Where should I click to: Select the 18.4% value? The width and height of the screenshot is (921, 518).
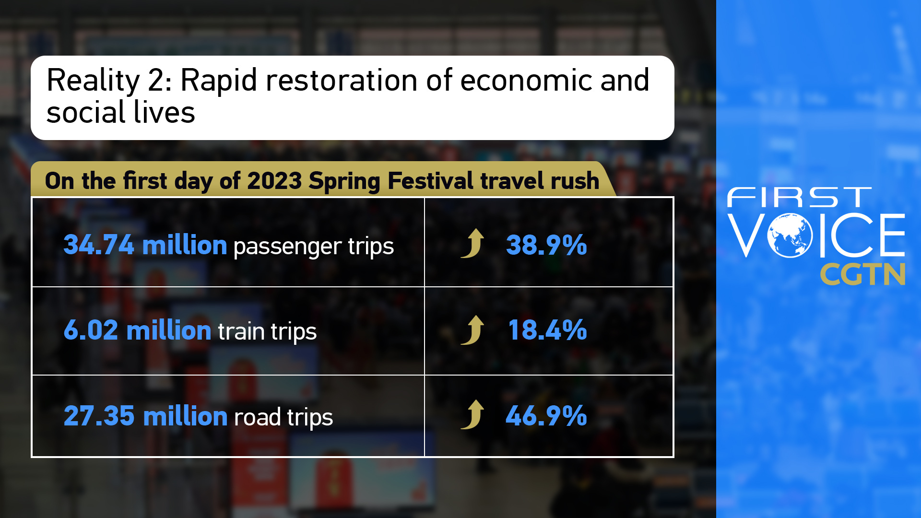pos(547,330)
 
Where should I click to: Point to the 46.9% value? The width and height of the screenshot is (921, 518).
pos(546,415)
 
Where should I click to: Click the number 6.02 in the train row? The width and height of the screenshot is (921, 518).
pos(91,330)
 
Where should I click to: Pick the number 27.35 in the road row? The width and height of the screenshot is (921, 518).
pos(99,415)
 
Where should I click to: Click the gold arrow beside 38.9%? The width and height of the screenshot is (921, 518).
pos(472,243)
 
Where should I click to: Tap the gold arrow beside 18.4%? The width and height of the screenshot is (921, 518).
pos(472,330)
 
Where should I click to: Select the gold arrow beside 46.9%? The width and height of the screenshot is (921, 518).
pos(472,414)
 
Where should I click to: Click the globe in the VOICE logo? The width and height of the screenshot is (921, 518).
pos(790,235)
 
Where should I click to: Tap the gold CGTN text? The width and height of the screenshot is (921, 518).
pos(862,274)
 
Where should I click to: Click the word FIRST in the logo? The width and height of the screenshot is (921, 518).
pos(799,198)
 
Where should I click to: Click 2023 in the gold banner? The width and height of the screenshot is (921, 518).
pos(274,181)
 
